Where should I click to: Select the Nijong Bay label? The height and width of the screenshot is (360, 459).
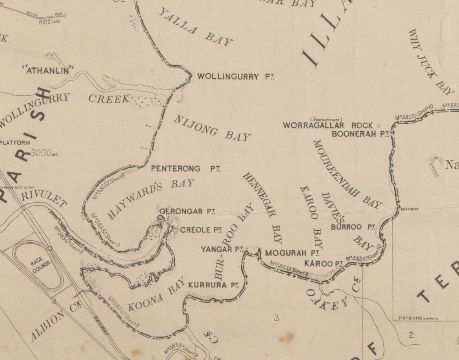(x=212, y=128)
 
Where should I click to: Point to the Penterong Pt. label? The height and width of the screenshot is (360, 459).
(x=186, y=169)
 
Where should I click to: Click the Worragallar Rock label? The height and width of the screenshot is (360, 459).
(x=327, y=125)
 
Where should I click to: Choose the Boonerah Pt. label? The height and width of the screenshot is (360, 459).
(x=360, y=134)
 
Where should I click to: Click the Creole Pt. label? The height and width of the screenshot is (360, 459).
(x=201, y=230)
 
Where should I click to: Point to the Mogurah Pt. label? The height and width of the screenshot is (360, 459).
(x=292, y=253)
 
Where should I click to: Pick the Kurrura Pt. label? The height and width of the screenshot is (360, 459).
(x=214, y=285)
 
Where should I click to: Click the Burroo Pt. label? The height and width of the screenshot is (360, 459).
(x=353, y=227)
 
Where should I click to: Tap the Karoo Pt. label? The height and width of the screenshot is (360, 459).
(x=323, y=264)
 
